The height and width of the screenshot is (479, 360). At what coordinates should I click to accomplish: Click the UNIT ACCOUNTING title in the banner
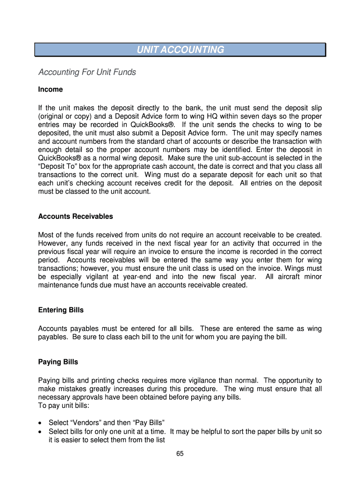click(180, 50)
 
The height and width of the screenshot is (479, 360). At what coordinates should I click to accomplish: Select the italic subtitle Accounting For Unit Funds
click(87, 72)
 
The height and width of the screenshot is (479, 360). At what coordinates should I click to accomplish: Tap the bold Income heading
click(50, 89)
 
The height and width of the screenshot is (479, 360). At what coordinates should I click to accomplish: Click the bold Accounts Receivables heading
click(75, 217)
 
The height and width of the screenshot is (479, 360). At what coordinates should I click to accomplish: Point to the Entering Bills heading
click(61, 310)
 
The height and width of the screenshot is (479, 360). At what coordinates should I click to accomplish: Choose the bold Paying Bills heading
click(58, 362)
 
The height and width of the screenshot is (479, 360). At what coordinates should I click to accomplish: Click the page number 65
click(180, 454)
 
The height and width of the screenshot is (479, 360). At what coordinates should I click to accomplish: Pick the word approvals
click(86, 398)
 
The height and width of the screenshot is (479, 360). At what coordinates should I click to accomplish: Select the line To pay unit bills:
click(63, 406)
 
